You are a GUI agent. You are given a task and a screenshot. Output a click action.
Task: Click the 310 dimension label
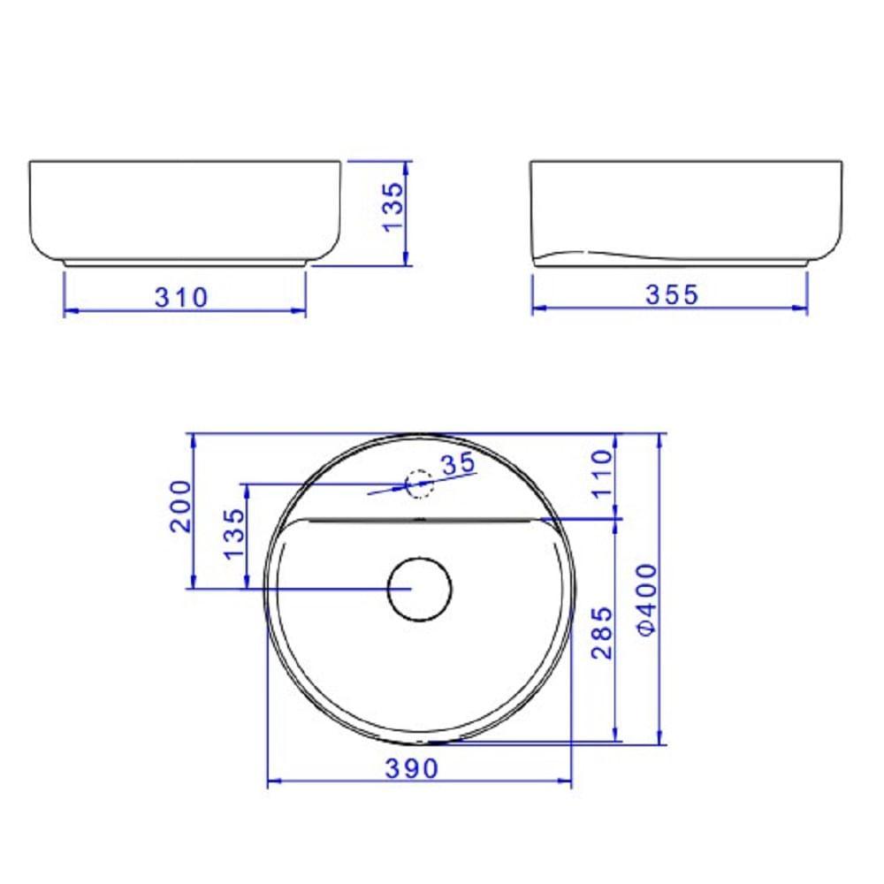[182, 297]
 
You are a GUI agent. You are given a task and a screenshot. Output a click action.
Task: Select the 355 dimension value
[671, 294]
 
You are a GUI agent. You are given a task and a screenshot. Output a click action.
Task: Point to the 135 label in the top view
[234, 534]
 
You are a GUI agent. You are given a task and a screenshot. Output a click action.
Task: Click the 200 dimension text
[180, 506]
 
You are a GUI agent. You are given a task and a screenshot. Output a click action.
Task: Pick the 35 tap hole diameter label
[457, 463]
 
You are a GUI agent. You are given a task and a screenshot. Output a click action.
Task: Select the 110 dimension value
[602, 474]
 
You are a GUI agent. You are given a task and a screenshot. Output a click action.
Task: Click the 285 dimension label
[602, 632]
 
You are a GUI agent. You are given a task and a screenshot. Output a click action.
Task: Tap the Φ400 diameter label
[647, 599]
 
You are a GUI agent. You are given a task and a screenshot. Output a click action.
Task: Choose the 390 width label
[411, 768]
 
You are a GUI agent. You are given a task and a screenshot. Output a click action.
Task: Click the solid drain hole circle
[420, 590]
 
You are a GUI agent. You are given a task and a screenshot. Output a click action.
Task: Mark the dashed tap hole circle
[417, 484]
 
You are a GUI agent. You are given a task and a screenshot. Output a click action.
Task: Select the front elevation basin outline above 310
[185, 212]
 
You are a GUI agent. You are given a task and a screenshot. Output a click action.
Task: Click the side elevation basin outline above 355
[685, 212]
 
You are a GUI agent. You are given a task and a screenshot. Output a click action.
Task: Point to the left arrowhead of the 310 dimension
[70, 310]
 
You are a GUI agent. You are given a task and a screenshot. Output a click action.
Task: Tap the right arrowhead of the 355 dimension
[802, 309]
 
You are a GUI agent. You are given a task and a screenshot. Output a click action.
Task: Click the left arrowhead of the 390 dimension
[273, 781]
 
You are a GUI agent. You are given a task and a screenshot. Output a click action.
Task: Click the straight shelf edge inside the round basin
[420, 520]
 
